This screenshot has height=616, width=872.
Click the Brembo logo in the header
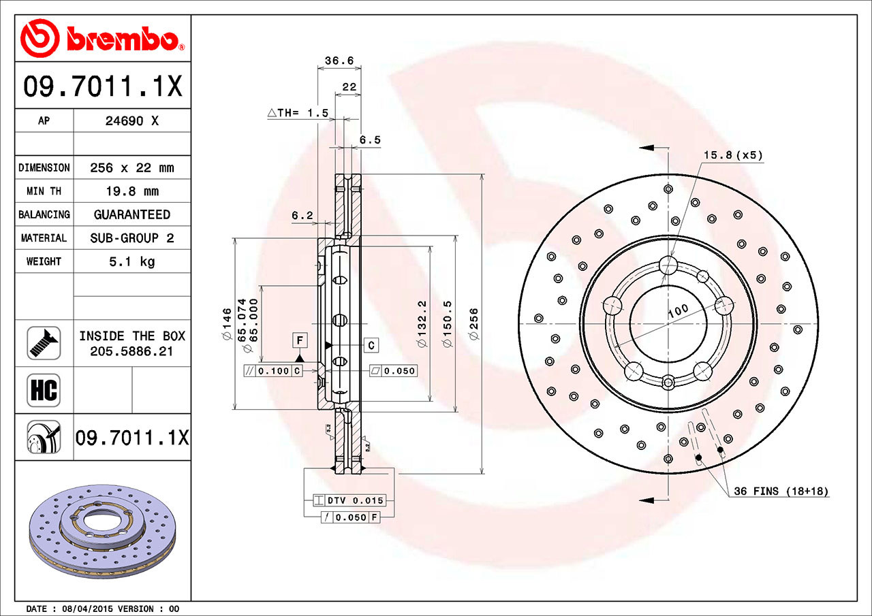tap(102, 37)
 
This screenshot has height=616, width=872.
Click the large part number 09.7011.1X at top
tap(102, 86)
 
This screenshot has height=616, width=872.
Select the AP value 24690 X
tap(131, 121)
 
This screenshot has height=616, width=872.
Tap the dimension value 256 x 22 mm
tap(131, 167)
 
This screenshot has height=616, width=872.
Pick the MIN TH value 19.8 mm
tap(131, 191)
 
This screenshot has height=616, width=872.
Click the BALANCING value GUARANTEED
tap(131, 214)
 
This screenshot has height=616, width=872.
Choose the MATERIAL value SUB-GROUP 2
tap(131, 238)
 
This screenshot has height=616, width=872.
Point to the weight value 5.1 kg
tap(131, 261)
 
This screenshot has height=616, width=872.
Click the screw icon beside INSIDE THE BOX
tap(44, 343)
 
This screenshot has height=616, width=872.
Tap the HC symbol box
tap(44, 390)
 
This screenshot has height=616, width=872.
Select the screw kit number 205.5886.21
tap(131, 351)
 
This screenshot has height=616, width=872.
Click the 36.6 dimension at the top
tap(339, 61)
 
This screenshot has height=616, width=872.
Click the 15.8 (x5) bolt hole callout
tap(732, 155)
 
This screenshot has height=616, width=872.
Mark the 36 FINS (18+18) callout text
tap(781, 491)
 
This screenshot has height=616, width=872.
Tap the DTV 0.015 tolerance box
tap(356, 500)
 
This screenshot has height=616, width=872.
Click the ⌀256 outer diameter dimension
tap(474, 324)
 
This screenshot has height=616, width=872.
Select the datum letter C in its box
tap(371, 346)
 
